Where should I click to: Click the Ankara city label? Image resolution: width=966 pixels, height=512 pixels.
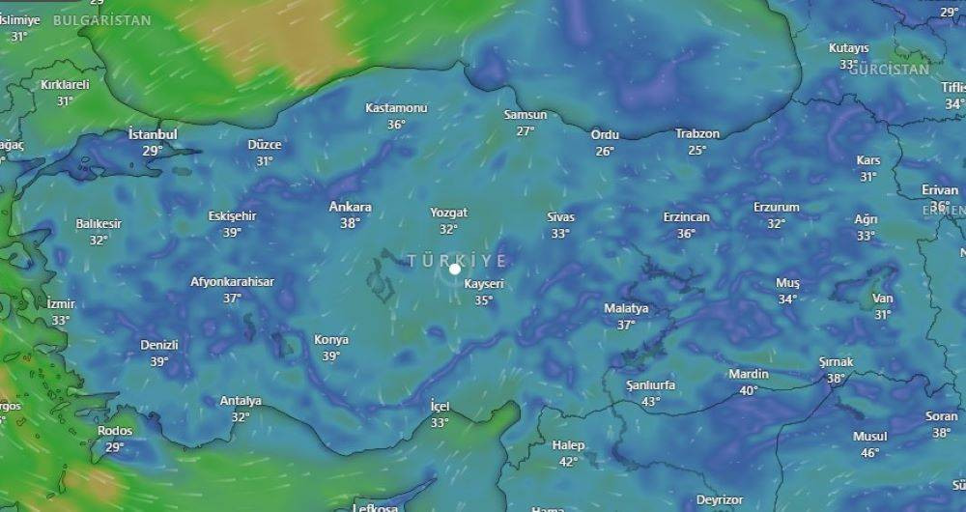coord(350,207)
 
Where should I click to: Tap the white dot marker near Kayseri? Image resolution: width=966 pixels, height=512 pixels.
coord(455,270)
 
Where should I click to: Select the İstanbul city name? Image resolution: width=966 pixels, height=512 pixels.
coord(153,134)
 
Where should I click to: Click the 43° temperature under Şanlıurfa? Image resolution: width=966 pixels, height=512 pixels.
coord(650,401)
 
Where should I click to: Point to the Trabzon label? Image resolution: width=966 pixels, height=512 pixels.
coord(697,133)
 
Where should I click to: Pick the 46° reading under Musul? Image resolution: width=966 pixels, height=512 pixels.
coord(869,452)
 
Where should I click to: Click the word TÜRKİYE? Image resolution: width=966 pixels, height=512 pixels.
coord(457,261)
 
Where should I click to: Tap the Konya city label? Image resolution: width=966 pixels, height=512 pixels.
coord(331,340)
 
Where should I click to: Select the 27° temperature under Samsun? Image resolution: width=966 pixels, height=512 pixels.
coord(526,131)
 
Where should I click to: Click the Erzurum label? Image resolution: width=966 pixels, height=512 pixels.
coord(777,208)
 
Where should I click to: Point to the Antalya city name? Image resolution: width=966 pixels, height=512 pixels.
coord(241,401)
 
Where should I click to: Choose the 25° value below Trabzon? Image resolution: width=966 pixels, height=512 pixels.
coord(697,150)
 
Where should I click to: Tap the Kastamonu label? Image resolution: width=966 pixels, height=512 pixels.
coord(396,107)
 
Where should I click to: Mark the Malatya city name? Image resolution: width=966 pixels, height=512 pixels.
coord(626,308)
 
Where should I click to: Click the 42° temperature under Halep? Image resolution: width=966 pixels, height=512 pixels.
coord(568,461)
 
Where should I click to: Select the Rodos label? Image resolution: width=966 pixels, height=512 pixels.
coord(115,431)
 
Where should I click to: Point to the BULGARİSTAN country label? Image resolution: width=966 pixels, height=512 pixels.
coord(102,20)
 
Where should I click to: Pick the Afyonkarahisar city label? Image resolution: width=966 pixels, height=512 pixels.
coord(232,282)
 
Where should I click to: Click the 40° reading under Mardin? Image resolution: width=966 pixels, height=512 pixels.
coord(749,390)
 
